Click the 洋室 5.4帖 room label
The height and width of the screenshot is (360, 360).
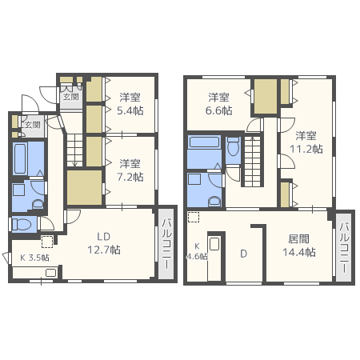[x=130, y=104]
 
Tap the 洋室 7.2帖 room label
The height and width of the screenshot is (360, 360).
[x=130, y=170]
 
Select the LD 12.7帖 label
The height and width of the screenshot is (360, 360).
[x=104, y=243]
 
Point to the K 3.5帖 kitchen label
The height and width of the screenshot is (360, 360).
[x=34, y=258]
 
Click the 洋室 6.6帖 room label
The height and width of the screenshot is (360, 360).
[x=218, y=104]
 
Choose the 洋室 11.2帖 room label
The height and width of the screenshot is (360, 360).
[x=306, y=142]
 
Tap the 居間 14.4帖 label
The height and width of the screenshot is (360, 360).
[x=299, y=246]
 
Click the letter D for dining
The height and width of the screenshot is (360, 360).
[x=243, y=254]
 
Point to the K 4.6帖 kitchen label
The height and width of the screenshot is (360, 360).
[x=197, y=251]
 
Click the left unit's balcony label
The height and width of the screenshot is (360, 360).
[x=166, y=243]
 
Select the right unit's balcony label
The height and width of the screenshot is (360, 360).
[x=344, y=247]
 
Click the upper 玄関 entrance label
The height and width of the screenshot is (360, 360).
[x=70, y=97]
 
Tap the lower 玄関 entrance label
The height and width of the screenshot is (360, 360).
[x=33, y=125]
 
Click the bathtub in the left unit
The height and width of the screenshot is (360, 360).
[x=20, y=158]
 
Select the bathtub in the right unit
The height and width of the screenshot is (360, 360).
[x=204, y=142]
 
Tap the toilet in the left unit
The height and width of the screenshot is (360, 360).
[x=22, y=224]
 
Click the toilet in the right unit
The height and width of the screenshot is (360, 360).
[x=234, y=147]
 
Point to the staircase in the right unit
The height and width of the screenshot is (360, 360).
[x=252, y=162]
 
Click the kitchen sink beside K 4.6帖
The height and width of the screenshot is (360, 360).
[x=214, y=244]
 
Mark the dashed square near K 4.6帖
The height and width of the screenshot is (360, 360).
[x=194, y=217]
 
